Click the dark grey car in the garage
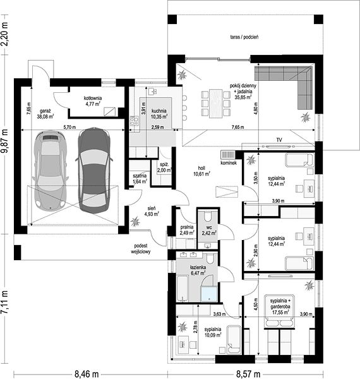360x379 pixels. [94, 171]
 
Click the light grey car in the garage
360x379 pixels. [51, 171]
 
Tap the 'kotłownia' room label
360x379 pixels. [93, 98]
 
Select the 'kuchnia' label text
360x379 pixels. [159, 111]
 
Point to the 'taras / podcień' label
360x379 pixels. [244, 37]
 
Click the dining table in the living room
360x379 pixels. [216, 104]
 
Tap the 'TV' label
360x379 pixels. [279, 140]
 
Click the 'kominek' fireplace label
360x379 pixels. [229, 163]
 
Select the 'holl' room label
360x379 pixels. [201, 168]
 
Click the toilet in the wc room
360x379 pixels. [208, 217]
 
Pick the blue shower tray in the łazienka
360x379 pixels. [209, 294]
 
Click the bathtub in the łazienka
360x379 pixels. [183, 289]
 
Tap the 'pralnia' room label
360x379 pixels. [187, 227]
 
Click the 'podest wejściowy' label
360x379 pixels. [141, 249]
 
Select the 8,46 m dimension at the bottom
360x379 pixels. [87, 375]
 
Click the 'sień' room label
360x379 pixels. [152, 208]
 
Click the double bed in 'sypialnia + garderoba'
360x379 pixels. [280, 311]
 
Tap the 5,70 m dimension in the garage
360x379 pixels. [69, 127]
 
